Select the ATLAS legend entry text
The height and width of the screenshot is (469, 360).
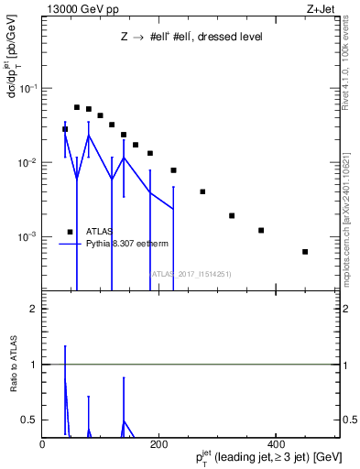pos(99,232)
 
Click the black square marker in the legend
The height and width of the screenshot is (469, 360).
pos(70,232)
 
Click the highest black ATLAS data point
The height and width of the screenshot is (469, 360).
pos(77,107)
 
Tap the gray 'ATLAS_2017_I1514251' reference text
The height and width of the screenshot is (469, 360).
pos(191,273)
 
